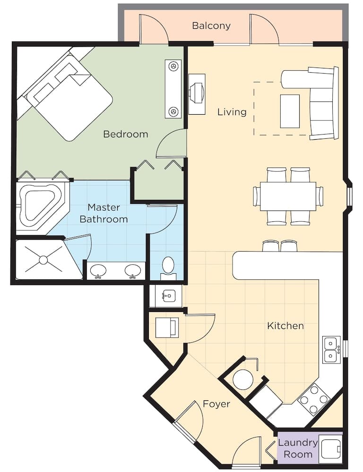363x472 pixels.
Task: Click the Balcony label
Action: click(x=211, y=25)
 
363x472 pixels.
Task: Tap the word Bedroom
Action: click(x=125, y=134)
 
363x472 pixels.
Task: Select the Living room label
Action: click(x=232, y=112)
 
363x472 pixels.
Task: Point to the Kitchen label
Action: click(x=285, y=326)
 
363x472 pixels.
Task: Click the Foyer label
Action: click(x=216, y=404)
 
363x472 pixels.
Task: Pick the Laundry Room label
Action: click(x=298, y=448)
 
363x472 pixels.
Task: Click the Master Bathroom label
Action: click(x=104, y=213)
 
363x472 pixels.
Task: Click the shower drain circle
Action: click(x=43, y=260)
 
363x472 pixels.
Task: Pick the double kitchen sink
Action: click(x=331, y=350)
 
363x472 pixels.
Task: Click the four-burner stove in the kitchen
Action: click(x=313, y=399)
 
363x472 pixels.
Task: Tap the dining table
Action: click(x=288, y=196)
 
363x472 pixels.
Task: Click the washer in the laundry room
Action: click(x=330, y=448)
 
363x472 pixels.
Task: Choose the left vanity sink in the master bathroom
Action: click(x=98, y=270)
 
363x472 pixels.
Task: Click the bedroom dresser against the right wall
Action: click(x=173, y=89)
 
